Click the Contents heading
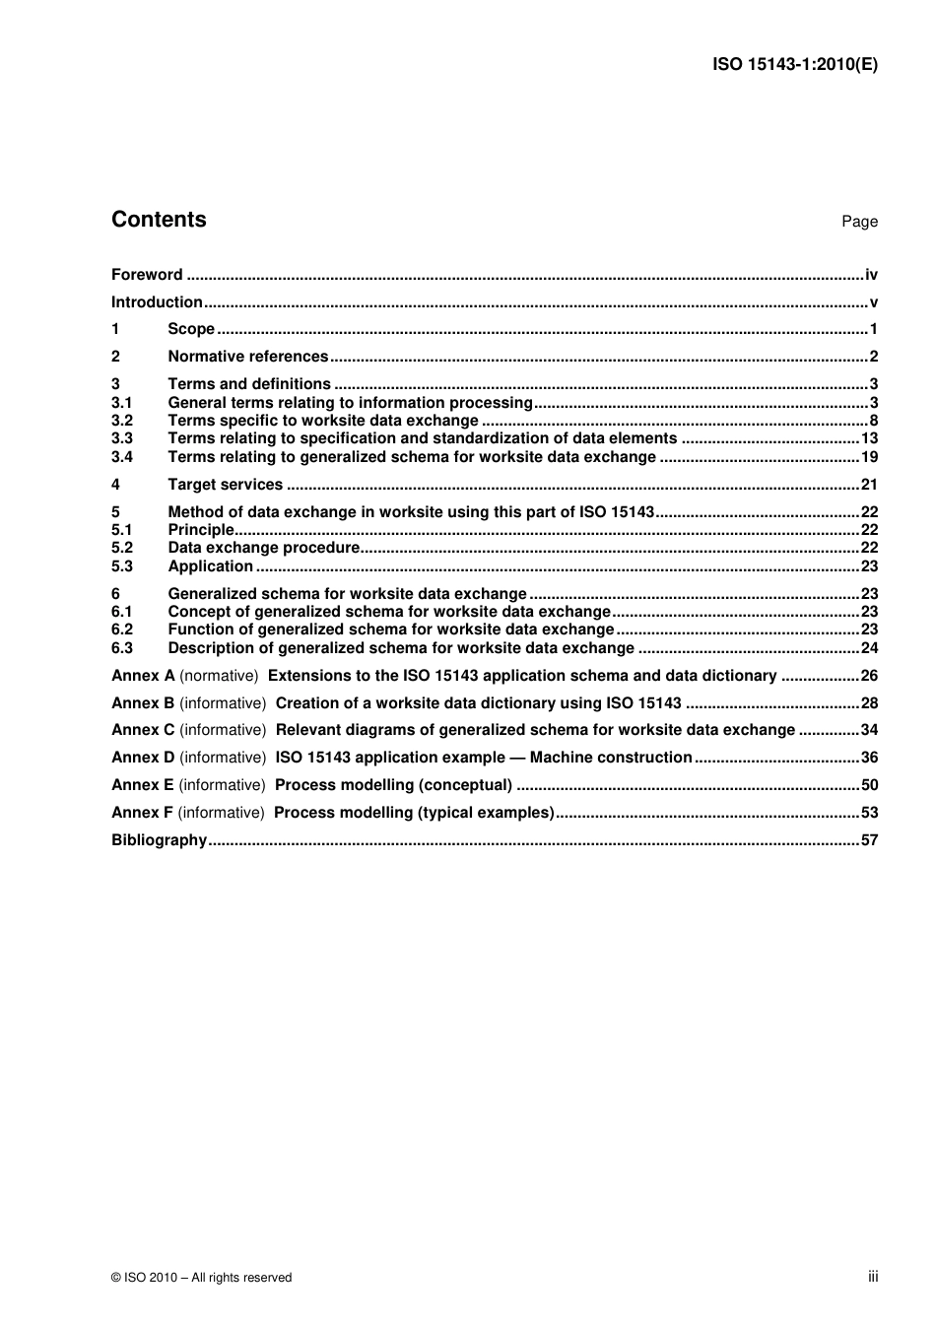[159, 220]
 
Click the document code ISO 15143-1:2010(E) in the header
[794, 65]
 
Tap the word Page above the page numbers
[859, 222]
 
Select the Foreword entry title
[147, 275]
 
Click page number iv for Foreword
[871, 275]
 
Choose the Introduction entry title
[157, 302]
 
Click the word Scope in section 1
[191, 329]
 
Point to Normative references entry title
[248, 357]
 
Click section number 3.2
[122, 421]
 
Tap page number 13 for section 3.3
[869, 438]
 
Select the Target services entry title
[226, 485]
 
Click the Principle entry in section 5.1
[201, 530]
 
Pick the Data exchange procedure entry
[264, 548]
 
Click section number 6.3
[122, 648]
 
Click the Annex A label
[143, 676]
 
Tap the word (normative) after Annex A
[219, 676]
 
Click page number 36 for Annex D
[869, 758]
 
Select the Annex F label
[142, 813]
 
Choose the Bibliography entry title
[160, 840]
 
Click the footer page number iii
[873, 1277]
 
